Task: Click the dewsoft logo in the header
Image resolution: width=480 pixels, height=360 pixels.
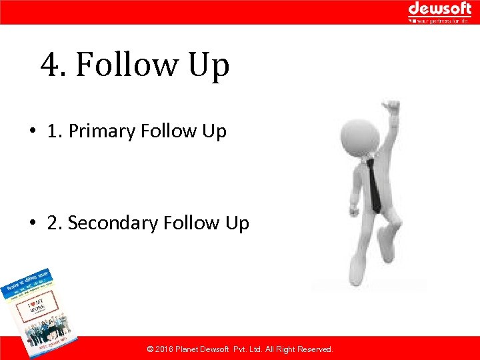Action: tap(439, 9)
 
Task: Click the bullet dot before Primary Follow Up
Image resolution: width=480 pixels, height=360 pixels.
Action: tap(32, 131)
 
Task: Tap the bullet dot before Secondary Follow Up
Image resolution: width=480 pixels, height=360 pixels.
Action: tap(32, 223)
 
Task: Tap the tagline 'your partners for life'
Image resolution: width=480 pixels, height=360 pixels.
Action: tap(443, 21)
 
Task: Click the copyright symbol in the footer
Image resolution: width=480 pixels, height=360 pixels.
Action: tap(150, 349)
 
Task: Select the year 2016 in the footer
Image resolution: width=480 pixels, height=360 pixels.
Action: tap(165, 349)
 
